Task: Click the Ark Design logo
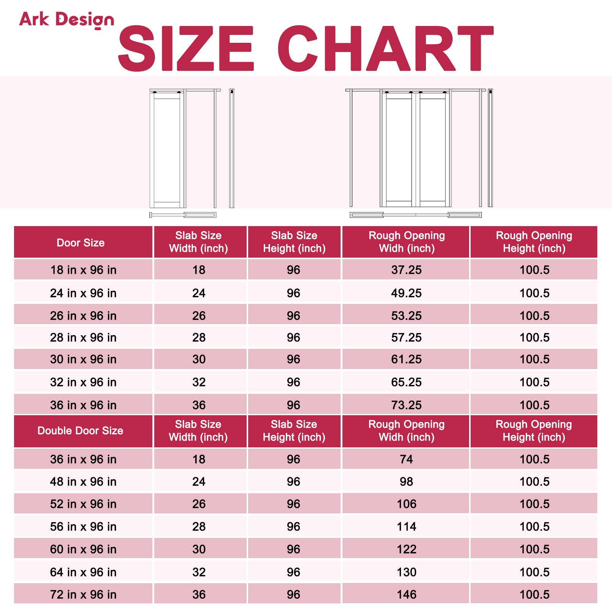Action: point(66,20)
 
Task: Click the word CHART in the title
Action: point(385,48)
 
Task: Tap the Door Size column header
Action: point(80,243)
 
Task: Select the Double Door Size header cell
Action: point(80,431)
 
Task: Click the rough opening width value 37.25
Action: point(406,270)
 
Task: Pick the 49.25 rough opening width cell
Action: point(406,293)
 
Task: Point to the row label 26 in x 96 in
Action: point(83,316)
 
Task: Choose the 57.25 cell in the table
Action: point(406,337)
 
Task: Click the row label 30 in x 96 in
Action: point(83,359)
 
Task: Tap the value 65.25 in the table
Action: point(406,382)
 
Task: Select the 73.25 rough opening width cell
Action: point(406,405)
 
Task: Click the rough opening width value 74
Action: point(406,459)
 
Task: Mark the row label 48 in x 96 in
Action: point(83,481)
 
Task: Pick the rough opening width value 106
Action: point(406,504)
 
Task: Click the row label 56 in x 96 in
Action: point(83,526)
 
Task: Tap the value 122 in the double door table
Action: point(406,549)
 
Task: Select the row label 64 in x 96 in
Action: point(83,572)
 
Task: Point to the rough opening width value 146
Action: point(406,595)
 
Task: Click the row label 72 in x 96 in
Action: point(83,595)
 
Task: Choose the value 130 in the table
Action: point(406,572)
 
